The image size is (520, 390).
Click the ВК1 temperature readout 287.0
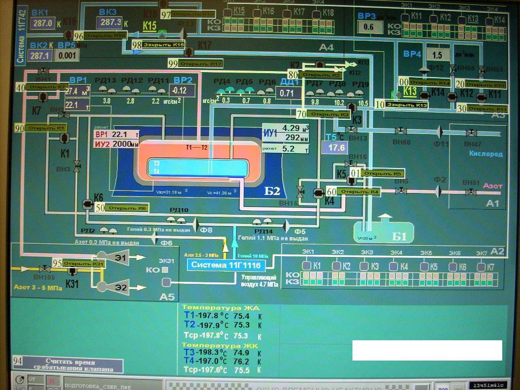coord(43,23)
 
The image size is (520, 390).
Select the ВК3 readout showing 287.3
coord(111,22)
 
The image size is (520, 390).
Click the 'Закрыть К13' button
coord(406,105)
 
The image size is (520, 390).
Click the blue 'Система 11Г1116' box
coord(226,265)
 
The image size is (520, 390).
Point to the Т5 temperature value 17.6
coord(337,148)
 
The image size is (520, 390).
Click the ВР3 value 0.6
coord(369,27)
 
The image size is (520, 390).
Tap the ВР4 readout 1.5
coord(437,55)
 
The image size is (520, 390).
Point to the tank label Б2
coord(272,191)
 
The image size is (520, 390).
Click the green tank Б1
coord(383,231)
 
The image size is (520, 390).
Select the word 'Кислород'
coord(485,154)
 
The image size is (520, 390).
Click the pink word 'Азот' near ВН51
coord(493,186)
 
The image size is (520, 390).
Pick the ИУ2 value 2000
coord(122,144)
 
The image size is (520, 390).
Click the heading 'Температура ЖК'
coord(213,346)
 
